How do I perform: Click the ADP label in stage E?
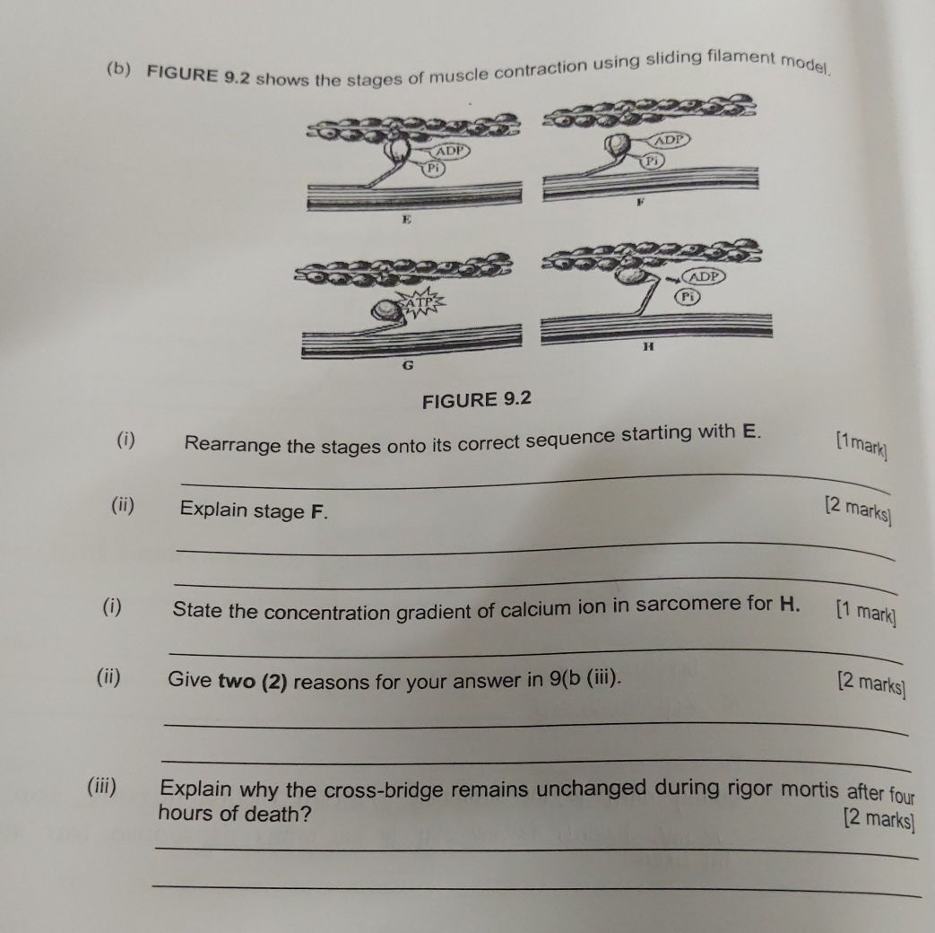pos(450,151)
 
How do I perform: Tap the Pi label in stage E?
pos(434,169)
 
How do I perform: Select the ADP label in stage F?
pos(670,140)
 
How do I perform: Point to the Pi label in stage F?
pos(653,161)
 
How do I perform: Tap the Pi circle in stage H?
pos(688,296)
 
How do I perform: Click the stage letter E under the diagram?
pos(406,219)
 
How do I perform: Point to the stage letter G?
pos(408,365)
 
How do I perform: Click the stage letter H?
pos(649,345)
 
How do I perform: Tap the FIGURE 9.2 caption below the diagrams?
pos(476,399)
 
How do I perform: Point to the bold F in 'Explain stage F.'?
pos(318,511)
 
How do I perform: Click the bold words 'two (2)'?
pos(253,682)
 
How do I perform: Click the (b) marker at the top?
pos(119,69)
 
